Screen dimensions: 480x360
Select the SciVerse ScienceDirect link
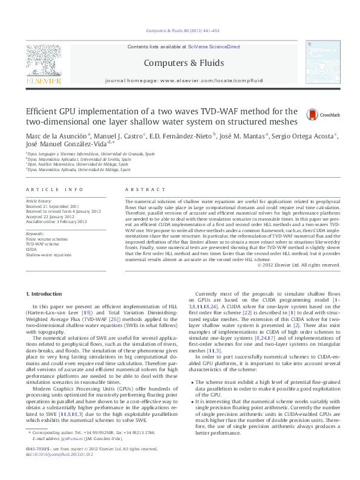point(214,47)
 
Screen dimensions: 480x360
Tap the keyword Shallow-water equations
point(48,255)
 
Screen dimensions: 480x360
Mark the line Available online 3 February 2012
point(55,221)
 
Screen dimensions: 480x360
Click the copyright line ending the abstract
point(299,265)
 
